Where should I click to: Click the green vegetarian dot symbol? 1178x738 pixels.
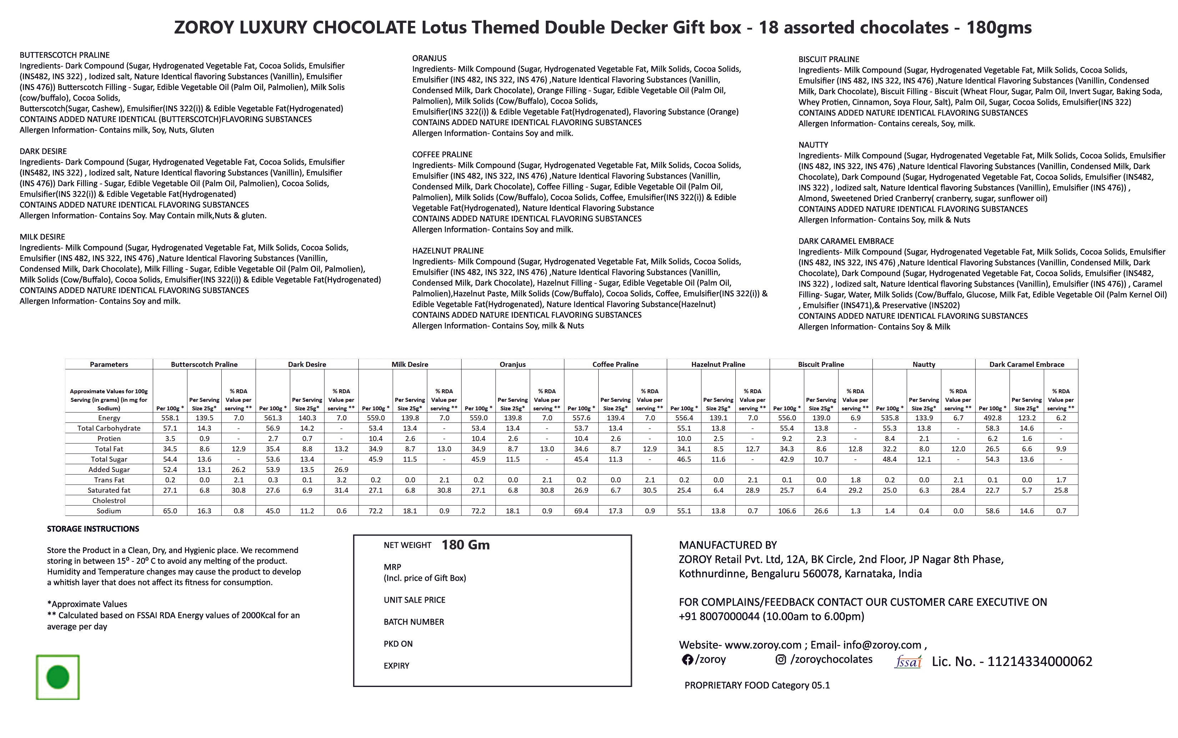(58, 677)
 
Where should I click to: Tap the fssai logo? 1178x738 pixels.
(907, 662)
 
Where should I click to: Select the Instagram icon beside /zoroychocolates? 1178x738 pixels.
(781, 660)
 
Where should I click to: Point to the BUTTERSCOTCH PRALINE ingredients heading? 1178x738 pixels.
(65, 55)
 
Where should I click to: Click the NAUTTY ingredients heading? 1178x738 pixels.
(813, 145)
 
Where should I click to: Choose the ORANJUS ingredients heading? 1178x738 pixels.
(429, 58)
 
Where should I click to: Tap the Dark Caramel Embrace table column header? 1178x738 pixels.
(1027, 364)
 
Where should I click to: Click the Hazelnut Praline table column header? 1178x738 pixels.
(718, 364)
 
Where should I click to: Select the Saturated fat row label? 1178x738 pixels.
(109, 490)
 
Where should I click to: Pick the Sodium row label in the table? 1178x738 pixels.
(109, 511)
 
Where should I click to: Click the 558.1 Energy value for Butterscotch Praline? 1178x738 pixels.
(170, 418)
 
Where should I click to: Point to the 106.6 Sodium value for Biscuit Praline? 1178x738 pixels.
(787, 511)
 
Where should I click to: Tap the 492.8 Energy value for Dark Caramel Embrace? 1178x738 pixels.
(992, 418)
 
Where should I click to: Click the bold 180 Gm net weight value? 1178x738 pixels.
(465, 545)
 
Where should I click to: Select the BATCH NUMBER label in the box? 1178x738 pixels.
(414, 622)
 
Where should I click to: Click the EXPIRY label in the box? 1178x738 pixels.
(396, 666)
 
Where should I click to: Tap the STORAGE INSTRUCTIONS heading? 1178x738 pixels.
(93, 529)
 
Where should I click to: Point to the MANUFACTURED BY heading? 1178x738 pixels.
(728, 545)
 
